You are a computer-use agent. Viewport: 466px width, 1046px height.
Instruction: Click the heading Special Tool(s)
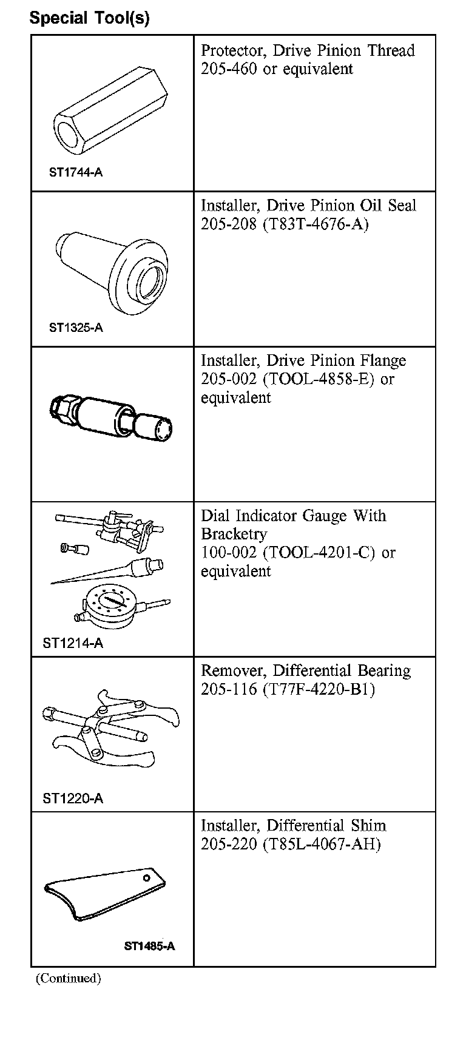pyautogui.click(x=89, y=18)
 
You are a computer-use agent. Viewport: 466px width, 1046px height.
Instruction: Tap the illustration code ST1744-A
pyautogui.click(x=75, y=172)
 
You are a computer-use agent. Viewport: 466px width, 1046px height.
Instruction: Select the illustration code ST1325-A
pyautogui.click(x=75, y=328)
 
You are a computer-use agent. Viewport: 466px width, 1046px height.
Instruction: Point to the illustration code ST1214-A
pyautogui.click(x=73, y=643)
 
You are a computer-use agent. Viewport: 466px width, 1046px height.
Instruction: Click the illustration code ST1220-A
pyautogui.click(x=73, y=798)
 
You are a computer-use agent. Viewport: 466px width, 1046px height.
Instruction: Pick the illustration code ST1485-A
pyautogui.click(x=149, y=946)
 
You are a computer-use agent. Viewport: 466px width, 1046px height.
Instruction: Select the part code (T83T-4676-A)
pyautogui.click(x=316, y=224)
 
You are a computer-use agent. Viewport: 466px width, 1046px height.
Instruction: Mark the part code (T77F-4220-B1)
pyautogui.click(x=319, y=690)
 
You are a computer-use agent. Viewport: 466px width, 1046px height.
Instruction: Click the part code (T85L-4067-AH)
pyautogui.click(x=322, y=845)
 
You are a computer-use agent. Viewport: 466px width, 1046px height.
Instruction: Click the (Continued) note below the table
pyautogui.click(x=68, y=978)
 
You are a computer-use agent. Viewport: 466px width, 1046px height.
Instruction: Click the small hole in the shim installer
pyautogui.click(x=146, y=878)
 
